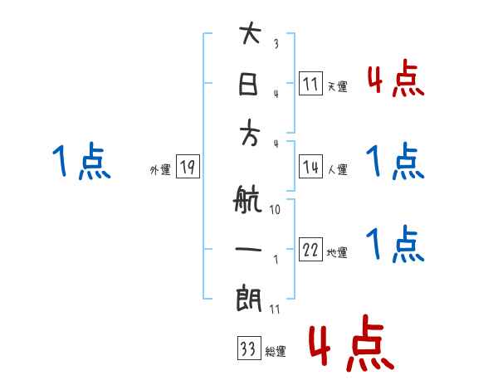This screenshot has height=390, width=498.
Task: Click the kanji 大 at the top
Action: [250, 36]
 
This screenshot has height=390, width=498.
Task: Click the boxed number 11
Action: [310, 83]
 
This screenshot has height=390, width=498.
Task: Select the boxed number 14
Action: [310, 167]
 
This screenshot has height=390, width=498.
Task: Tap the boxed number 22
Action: [310, 251]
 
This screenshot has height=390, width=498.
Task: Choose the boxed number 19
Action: [187, 168]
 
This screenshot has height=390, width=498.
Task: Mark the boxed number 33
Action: [248, 349]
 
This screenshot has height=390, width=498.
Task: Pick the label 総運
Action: [275, 352]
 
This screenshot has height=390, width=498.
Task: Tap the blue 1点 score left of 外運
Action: [82, 162]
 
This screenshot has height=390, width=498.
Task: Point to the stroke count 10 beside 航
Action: [275, 210]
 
